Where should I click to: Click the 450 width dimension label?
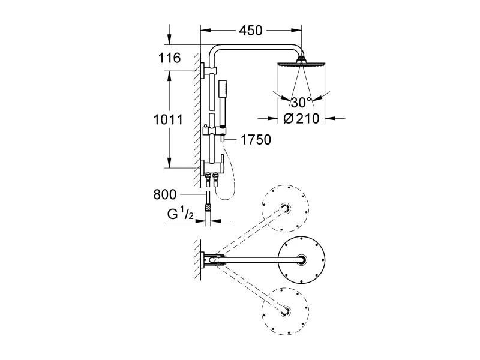click(x=251, y=31)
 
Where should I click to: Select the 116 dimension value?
click(x=170, y=58)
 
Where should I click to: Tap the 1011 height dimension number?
click(x=168, y=119)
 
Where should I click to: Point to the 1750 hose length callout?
click(x=256, y=140)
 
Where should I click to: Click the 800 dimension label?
click(x=165, y=194)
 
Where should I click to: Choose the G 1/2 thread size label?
click(x=181, y=214)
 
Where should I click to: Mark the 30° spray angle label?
click(x=301, y=102)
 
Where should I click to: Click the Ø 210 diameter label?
click(x=301, y=118)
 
